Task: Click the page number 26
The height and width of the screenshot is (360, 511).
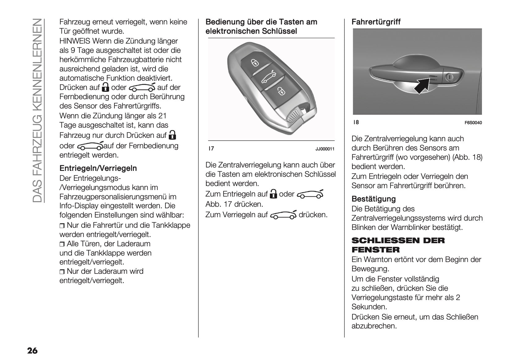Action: pos(32,351)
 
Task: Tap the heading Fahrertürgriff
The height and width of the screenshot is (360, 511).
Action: pos(376,22)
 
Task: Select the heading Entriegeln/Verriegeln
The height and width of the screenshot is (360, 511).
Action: pos(98,168)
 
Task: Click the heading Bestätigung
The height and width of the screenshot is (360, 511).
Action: pos(373,199)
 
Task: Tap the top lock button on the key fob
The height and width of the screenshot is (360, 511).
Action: pos(255,63)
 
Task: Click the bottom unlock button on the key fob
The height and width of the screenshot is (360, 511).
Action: pos(280,91)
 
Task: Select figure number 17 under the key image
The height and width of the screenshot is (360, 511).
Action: pos(211,149)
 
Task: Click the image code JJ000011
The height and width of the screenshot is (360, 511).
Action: pos(325,149)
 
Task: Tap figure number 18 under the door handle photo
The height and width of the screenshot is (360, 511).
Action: pos(356,122)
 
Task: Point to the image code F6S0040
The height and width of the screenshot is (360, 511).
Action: pos(473,123)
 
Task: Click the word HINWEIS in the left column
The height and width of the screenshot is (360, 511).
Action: pos(75,41)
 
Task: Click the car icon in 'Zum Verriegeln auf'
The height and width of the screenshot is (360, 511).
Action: pos(283,215)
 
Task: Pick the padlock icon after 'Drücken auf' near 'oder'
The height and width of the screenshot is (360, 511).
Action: pos(105,87)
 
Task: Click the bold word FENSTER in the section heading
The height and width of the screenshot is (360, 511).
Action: pos(376,250)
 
